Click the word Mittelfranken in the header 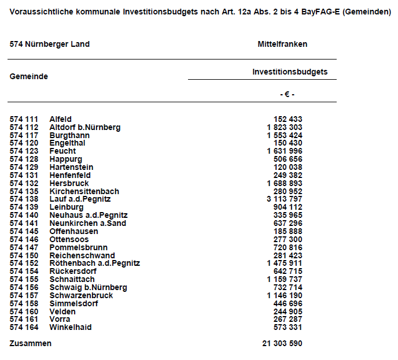pos(282,44)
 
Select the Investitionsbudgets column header pos(290,72)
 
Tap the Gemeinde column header pos(29,76)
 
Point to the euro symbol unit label pos(287,94)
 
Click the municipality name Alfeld pos(61,120)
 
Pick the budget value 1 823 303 pos(285,128)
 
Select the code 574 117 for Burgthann pos(24,136)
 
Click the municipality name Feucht pos(62,151)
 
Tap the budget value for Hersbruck pos(285,184)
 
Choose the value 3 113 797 pos(285,199)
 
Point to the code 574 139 pos(24,207)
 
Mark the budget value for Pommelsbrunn pos(288,247)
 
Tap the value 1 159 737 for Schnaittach pos(285,280)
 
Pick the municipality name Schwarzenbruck pos(81,295)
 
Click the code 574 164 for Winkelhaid pos(24,328)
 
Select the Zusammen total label pos(31,344)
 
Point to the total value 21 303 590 pos(282,344)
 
